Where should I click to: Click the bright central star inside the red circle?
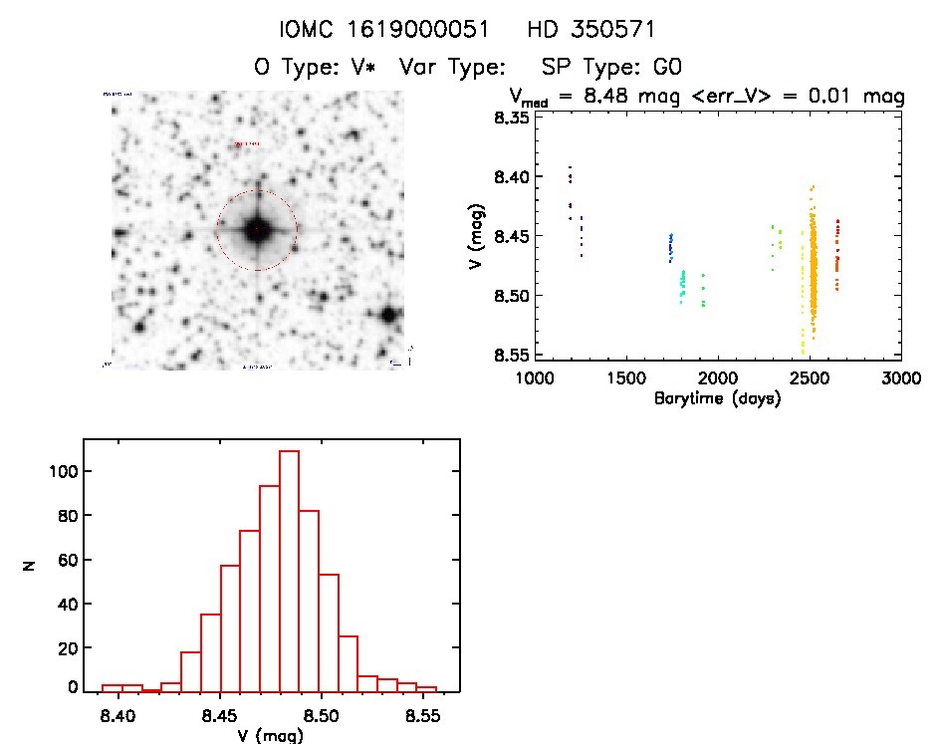[x=257, y=230]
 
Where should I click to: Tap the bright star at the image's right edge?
[x=389, y=315]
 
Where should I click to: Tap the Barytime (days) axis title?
[x=717, y=399]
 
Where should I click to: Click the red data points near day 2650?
[x=837, y=259]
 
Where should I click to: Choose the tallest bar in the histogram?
[x=289, y=570]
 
